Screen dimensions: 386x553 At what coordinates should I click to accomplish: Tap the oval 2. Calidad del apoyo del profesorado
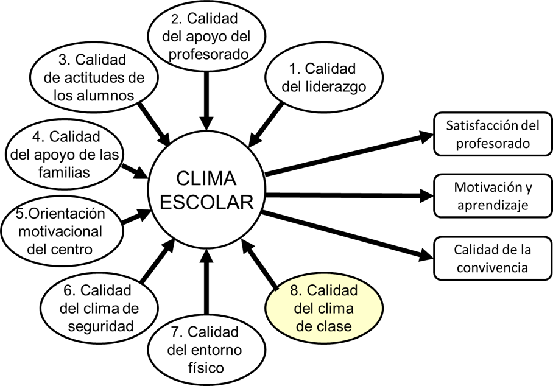coord(208,35)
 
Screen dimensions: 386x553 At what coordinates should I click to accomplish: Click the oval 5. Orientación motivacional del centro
coord(62,231)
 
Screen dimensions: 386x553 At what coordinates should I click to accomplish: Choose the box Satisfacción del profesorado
coord(493,135)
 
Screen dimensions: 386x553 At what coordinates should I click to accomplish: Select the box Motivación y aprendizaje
coord(493,196)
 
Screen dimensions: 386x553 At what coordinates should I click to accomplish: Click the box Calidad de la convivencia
coord(493,258)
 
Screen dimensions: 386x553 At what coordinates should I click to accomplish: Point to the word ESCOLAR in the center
coord(206,202)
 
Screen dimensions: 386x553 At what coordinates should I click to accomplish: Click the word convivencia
coord(493,267)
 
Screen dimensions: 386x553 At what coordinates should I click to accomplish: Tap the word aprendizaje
coord(493,205)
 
